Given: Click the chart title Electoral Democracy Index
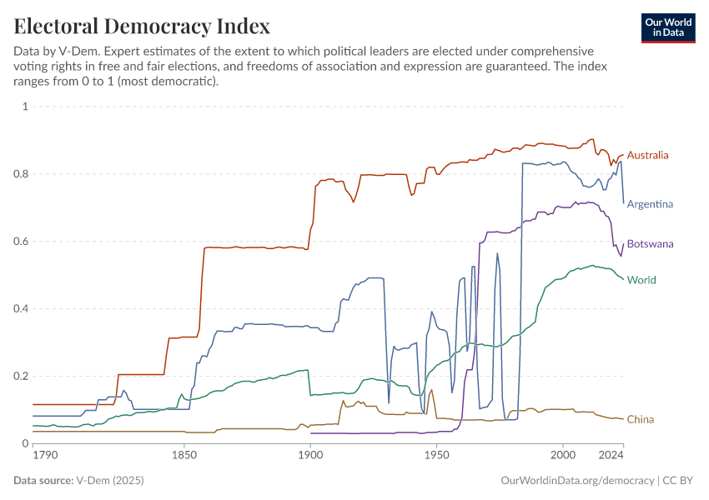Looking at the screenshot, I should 142,26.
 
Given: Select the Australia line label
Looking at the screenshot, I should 647,155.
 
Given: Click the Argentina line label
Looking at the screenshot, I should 650,203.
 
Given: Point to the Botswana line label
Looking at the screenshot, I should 650,244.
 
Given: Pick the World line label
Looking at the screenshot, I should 641,279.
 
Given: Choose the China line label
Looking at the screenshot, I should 640,419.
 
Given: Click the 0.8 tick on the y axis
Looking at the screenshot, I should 21,174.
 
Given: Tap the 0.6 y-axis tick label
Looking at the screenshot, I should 21,242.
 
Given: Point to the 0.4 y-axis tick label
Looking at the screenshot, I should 21,308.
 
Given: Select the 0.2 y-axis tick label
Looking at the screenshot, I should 21,376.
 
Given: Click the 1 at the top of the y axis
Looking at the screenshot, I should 25,107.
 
